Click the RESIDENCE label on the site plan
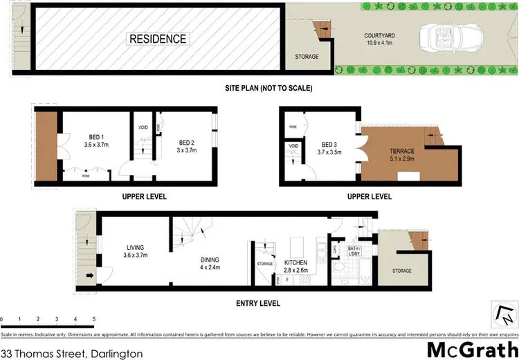[x=158, y=39]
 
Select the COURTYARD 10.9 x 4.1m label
[x=379, y=40]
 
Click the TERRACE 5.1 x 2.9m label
[x=401, y=155]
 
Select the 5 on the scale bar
[x=93, y=319]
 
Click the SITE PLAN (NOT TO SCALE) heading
[x=268, y=88]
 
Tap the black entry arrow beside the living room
[x=90, y=276]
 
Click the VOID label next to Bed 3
[x=293, y=146]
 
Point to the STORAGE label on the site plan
[x=307, y=57]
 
